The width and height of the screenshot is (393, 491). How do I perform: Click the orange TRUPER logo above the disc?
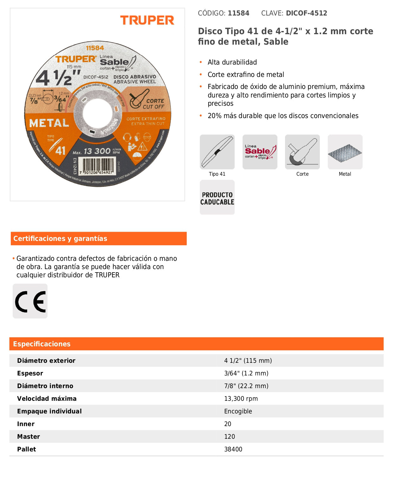(x=147, y=20)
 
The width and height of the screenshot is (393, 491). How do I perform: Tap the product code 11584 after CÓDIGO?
(x=238, y=13)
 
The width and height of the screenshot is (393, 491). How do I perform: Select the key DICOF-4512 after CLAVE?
(x=306, y=13)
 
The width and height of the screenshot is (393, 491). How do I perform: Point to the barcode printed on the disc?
(x=98, y=166)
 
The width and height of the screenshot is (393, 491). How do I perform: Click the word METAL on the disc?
(x=49, y=123)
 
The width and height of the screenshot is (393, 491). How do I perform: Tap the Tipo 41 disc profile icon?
(x=217, y=152)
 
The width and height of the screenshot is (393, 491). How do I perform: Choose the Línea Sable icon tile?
(x=260, y=152)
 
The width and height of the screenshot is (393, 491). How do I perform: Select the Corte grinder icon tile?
(x=302, y=152)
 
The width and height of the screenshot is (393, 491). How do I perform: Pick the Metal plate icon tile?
(x=345, y=152)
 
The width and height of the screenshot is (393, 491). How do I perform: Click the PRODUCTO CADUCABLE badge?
(x=217, y=198)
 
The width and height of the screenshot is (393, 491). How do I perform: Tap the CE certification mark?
(x=30, y=301)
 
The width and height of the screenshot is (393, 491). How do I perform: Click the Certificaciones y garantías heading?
(x=60, y=239)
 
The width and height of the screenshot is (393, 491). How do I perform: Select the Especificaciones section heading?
(x=42, y=344)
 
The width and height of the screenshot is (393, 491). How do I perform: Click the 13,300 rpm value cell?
(x=241, y=399)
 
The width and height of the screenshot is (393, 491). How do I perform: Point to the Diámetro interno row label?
(x=45, y=386)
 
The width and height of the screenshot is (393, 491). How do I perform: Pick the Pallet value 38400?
(x=233, y=449)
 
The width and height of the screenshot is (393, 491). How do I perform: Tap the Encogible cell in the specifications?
(x=238, y=411)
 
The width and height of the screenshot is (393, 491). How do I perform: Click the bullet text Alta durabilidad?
(x=232, y=62)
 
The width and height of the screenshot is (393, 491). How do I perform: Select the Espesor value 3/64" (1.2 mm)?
(x=246, y=373)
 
